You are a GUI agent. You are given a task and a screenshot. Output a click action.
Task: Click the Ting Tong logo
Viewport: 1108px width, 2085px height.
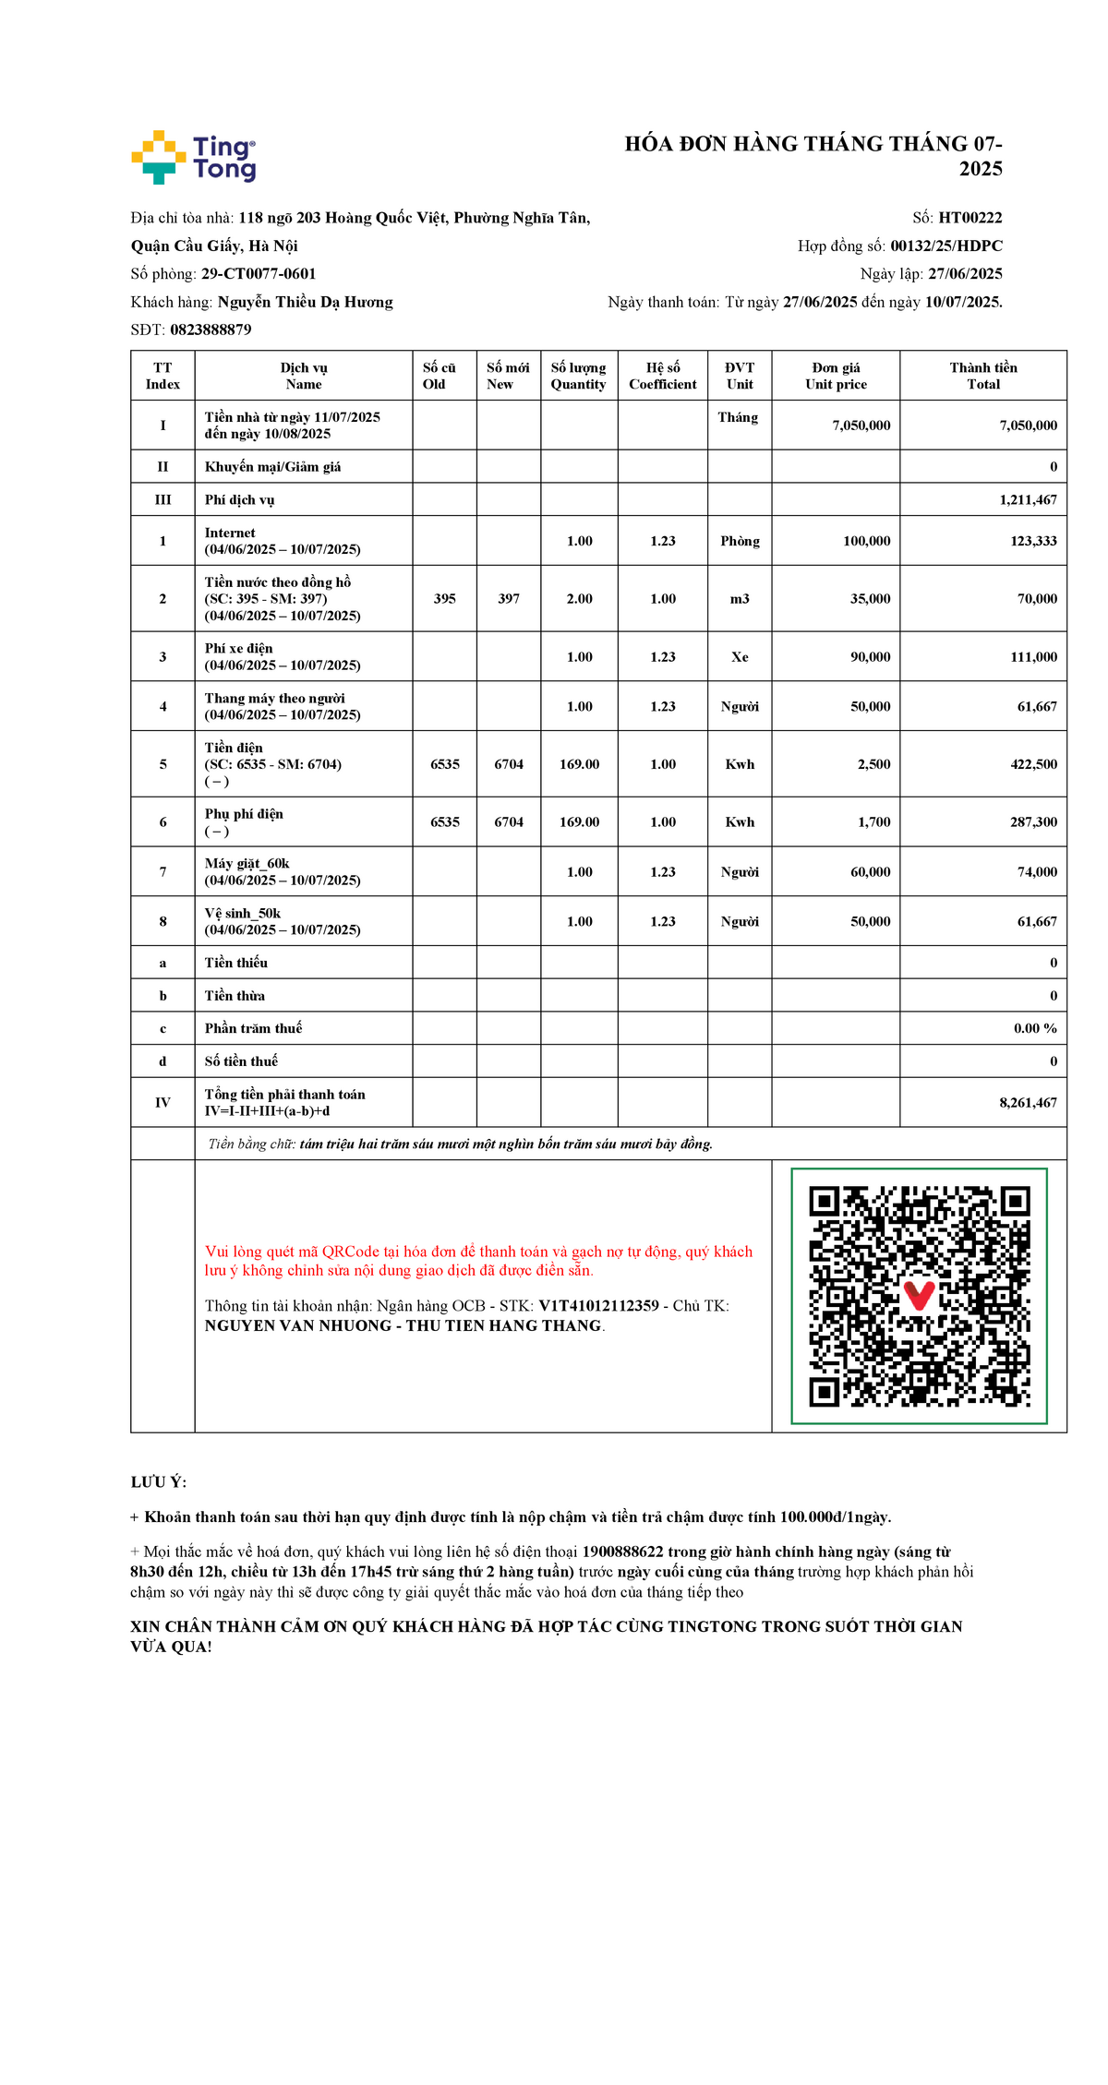coord(194,157)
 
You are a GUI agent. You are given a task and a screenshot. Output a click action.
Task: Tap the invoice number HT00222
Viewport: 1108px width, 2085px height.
coord(969,218)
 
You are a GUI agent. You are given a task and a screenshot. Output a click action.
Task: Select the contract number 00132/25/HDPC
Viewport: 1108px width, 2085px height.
coord(945,246)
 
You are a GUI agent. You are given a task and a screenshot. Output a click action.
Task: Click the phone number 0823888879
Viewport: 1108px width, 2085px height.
coord(211,330)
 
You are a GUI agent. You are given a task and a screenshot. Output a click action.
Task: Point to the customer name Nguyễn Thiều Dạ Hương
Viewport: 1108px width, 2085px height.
coord(305,302)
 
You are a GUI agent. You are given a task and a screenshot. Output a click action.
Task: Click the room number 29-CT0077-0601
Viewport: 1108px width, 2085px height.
coord(259,274)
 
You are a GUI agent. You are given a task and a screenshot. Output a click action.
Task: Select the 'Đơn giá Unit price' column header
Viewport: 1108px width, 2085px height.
coord(836,376)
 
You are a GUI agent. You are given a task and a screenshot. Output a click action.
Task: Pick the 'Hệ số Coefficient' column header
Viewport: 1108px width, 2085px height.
coord(662,376)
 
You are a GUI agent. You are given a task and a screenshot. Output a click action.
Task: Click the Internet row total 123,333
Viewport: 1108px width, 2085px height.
coord(1033,541)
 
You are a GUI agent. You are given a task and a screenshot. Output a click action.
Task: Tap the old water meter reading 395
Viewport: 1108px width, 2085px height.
coord(444,599)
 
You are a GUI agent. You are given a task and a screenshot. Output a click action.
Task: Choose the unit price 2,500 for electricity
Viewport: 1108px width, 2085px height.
coord(873,764)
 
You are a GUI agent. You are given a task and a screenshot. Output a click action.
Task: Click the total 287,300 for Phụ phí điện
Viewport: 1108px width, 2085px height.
coord(1033,822)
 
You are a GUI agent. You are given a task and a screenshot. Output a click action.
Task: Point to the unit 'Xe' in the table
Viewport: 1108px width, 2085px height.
coord(740,657)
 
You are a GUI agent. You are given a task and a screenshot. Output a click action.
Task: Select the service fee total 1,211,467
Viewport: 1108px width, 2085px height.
coord(1028,499)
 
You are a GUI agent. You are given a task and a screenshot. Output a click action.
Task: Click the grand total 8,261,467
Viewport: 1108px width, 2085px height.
coord(1028,1103)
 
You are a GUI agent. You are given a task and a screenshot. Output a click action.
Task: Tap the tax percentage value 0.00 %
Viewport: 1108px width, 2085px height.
coord(1035,1028)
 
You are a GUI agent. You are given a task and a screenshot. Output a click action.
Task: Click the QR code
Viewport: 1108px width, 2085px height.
coord(919,1296)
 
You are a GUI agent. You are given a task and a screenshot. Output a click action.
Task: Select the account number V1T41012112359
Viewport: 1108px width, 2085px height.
coord(598,1306)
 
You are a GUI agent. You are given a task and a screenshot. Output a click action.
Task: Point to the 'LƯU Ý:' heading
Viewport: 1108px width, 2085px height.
coord(159,1482)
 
